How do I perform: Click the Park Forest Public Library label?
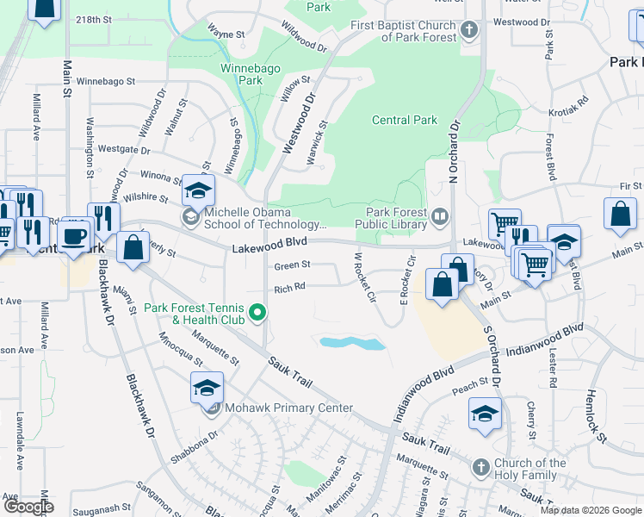point(396,219)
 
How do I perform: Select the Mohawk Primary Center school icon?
point(207,389)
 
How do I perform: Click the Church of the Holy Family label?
point(530,469)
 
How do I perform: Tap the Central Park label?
point(404,121)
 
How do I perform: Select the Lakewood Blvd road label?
point(269,248)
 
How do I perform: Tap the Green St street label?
point(292,266)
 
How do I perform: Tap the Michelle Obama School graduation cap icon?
point(198,190)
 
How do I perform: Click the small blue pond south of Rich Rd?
point(352,343)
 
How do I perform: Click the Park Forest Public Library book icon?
point(440,215)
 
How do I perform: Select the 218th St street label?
point(94,19)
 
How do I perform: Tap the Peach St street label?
point(471,384)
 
